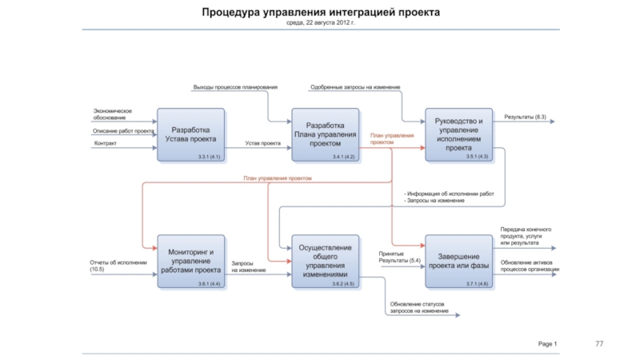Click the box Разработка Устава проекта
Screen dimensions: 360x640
(192, 134)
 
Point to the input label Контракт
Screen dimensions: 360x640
(106, 144)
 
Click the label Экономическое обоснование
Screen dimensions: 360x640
(112, 114)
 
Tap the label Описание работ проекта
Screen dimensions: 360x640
(123, 130)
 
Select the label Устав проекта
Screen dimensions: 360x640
(262, 144)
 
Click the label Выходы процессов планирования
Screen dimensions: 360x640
(235, 87)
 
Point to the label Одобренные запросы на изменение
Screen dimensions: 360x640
(355, 87)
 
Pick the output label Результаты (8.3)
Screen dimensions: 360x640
(525, 118)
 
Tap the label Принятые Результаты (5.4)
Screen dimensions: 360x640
(399, 258)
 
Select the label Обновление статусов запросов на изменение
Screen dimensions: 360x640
(419, 307)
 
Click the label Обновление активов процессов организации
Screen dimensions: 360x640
(530, 266)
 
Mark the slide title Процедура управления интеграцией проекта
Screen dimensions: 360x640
(320, 13)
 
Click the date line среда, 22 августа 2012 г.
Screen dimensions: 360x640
(320, 23)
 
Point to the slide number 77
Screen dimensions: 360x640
(599, 343)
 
